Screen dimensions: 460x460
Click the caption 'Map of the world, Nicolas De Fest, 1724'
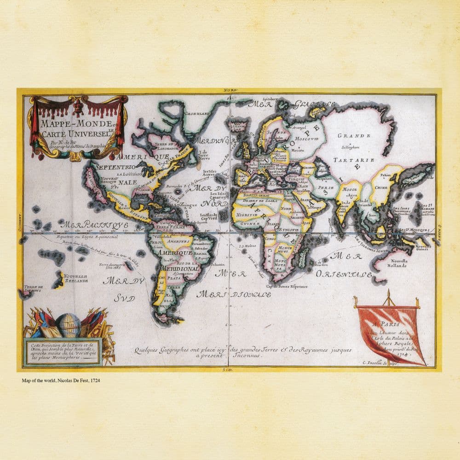(61, 380)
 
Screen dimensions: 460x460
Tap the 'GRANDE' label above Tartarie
(354, 136)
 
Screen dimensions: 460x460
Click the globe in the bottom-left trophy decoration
(69, 325)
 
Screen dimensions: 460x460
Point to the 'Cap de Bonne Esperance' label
(285, 286)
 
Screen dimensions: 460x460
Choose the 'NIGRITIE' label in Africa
(246, 215)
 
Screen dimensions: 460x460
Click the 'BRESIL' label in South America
(200, 253)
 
